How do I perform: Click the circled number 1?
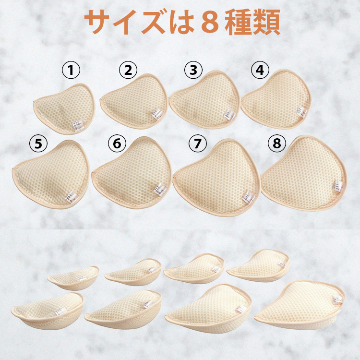tap(72, 71)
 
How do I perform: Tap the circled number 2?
tap(128, 71)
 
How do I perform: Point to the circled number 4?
tap(259, 71)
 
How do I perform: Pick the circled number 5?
tap(37, 143)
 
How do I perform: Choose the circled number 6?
tap(117, 143)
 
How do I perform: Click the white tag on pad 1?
tap(77, 126)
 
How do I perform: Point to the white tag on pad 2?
tap(156, 115)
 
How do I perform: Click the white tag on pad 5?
tap(77, 195)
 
